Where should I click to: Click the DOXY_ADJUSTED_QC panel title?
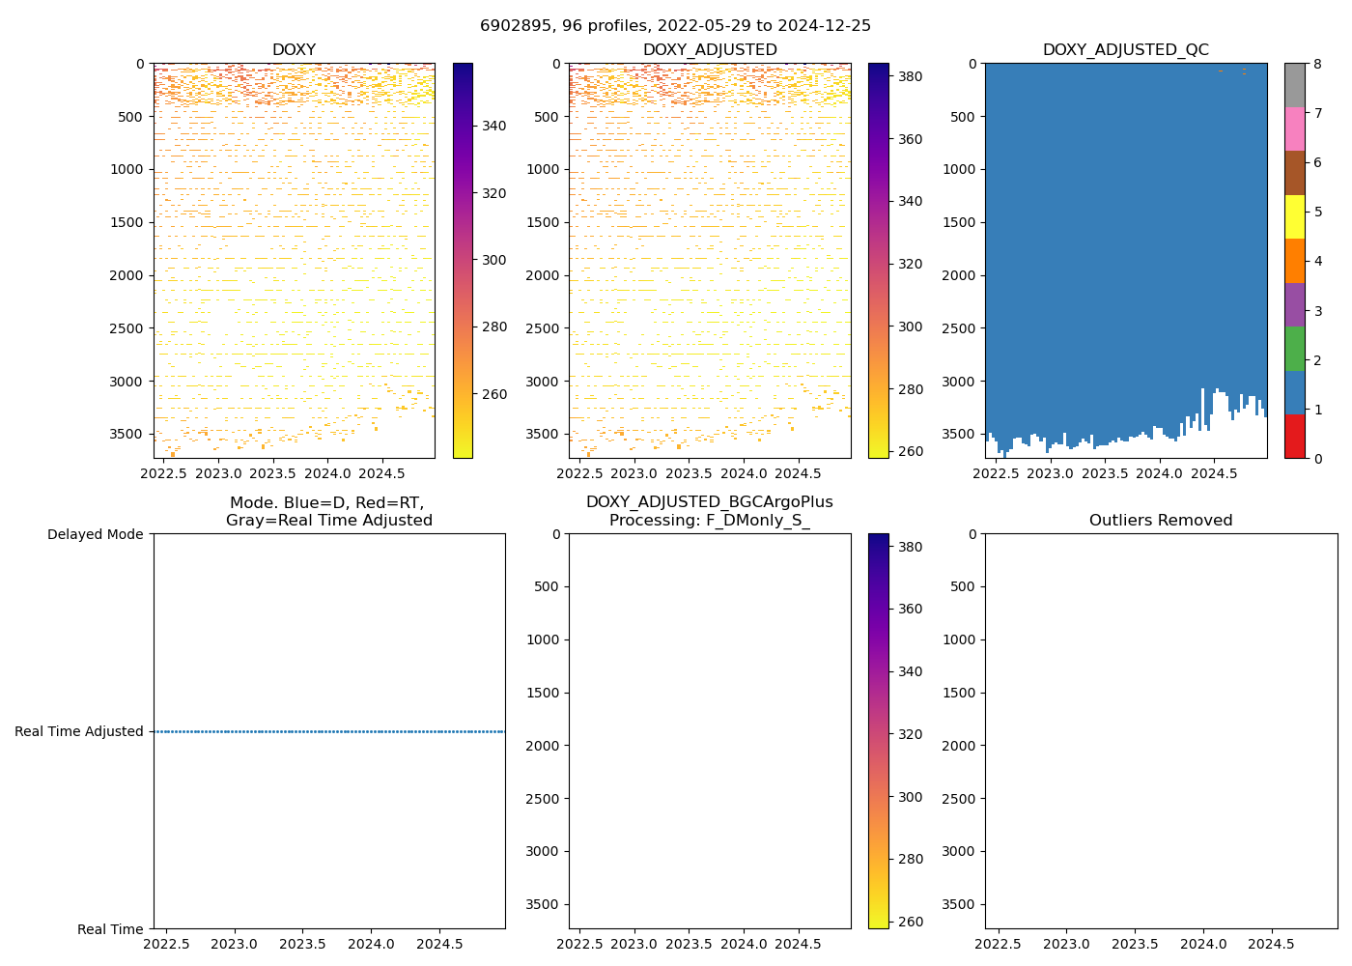pyautogui.click(x=1125, y=50)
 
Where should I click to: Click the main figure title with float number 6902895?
pyautogui.click(x=675, y=26)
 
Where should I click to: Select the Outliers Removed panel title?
pyautogui.click(x=1161, y=521)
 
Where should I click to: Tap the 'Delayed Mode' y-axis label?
pyautogui.click(x=95, y=534)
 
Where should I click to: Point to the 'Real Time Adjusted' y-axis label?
pyautogui.click(x=79, y=731)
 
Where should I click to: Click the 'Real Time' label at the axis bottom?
pyautogui.click(x=110, y=929)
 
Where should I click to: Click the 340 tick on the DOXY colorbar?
pyautogui.click(x=494, y=126)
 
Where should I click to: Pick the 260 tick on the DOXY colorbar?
pyautogui.click(x=494, y=394)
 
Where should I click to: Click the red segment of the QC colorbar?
pyautogui.click(x=1294, y=437)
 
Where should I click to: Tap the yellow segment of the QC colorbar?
pyautogui.click(x=1294, y=216)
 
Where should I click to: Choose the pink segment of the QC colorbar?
pyautogui.click(x=1294, y=128)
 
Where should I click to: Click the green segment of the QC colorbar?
pyautogui.click(x=1294, y=349)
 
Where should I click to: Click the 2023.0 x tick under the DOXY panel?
pyautogui.click(x=218, y=473)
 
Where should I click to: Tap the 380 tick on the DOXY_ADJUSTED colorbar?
pyautogui.click(x=910, y=76)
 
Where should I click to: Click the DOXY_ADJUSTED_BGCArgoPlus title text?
pyautogui.click(x=709, y=502)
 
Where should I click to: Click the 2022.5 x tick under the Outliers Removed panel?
pyautogui.click(x=999, y=944)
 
